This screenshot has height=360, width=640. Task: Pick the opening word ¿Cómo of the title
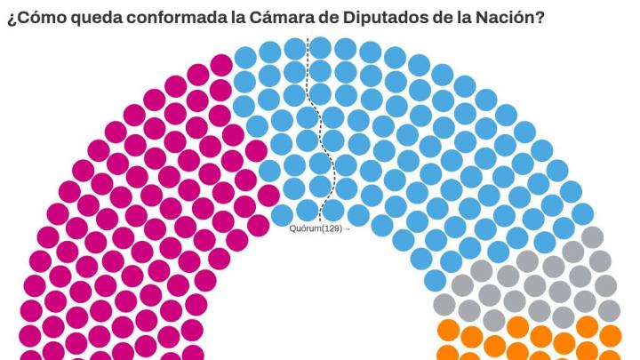29,17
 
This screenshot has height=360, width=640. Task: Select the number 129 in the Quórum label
331,228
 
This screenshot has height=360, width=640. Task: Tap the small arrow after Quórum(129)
347,228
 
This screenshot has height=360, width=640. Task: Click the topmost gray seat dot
591,236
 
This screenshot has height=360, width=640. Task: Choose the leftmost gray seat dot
444,304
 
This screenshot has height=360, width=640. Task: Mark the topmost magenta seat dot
221,64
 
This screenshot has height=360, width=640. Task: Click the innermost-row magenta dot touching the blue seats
258,225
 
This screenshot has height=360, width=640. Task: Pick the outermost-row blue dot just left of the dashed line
295,47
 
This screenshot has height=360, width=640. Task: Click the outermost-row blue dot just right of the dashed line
321,46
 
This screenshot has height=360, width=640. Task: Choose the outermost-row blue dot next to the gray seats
582,214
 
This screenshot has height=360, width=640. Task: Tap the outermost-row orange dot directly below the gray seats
612,335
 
